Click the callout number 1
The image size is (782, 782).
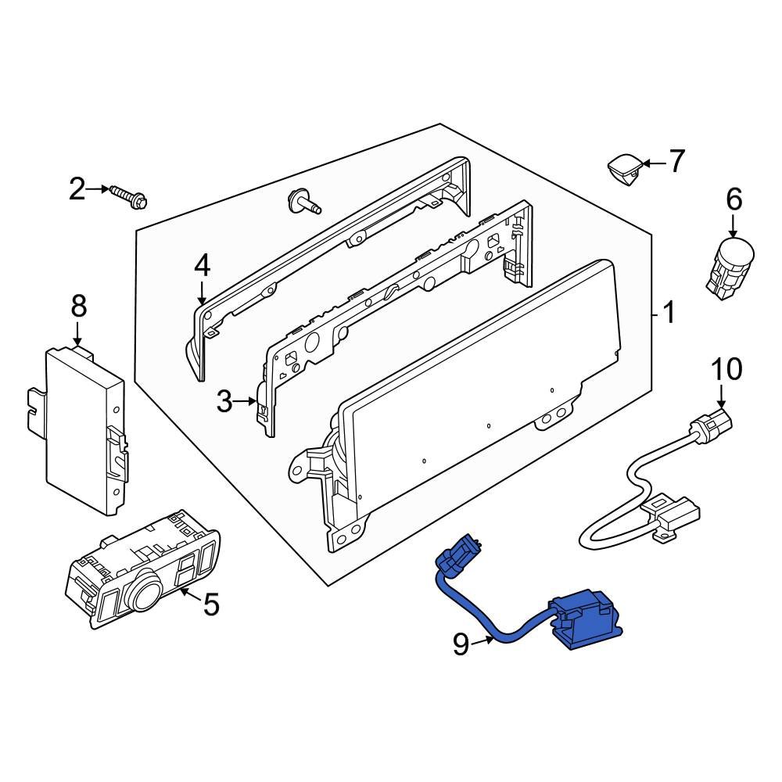[668, 314]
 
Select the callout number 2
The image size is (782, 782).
[77, 188]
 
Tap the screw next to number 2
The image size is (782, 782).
[129, 196]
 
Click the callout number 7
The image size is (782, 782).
[675, 162]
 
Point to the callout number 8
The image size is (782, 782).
[79, 307]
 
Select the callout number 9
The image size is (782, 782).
[461, 644]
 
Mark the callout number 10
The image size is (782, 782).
[726, 368]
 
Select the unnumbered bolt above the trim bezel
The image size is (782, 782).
[303, 203]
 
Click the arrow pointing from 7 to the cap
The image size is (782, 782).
[655, 163]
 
